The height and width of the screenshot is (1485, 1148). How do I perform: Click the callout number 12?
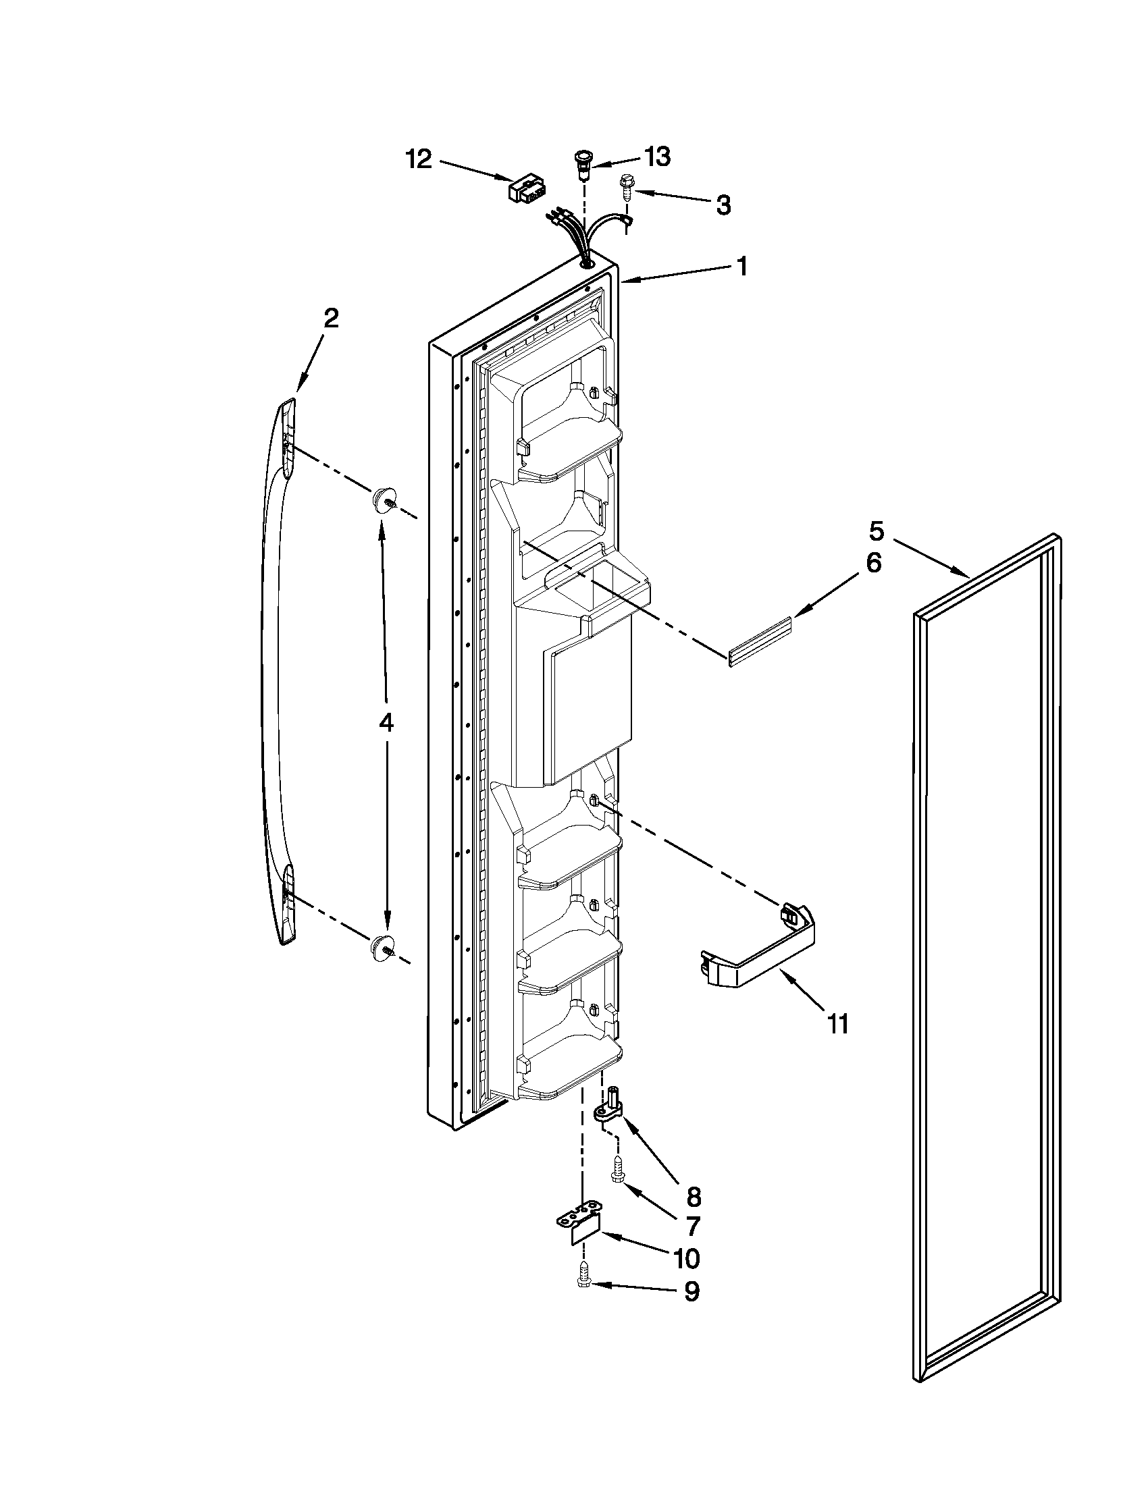(x=419, y=161)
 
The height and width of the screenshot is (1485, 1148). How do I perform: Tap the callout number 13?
(x=655, y=157)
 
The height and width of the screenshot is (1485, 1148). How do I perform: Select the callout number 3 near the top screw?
(x=723, y=204)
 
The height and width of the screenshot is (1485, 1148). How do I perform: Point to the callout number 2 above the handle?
(x=330, y=318)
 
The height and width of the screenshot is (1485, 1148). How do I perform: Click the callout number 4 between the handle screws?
(x=386, y=723)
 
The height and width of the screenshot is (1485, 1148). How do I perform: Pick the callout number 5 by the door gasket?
(x=877, y=530)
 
